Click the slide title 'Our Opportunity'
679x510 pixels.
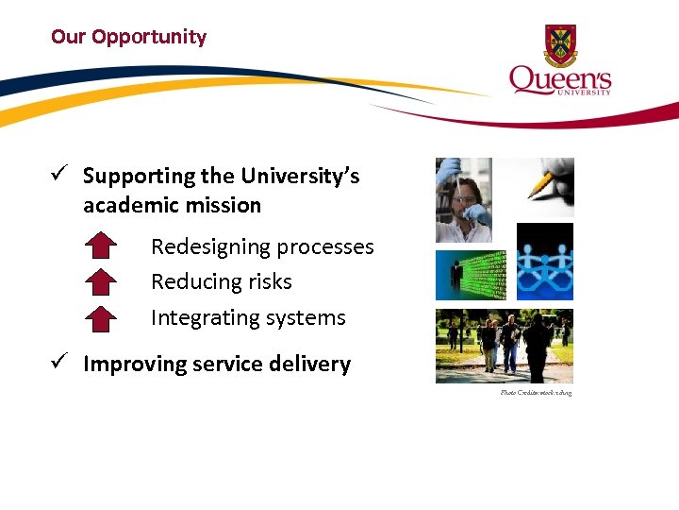pyautogui.click(x=128, y=37)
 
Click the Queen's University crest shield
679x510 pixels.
pyautogui.click(x=560, y=45)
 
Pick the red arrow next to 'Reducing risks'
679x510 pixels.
pyautogui.click(x=101, y=282)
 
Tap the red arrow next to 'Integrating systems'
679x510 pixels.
pyautogui.click(x=101, y=318)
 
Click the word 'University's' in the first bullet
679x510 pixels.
pyautogui.click(x=300, y=177)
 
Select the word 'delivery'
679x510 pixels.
pyautogui.click(x=311, y=365)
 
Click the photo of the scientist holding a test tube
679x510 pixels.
pyautogui.click(x=463, y=200)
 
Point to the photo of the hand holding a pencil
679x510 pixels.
pyautogui.click(x=545, y=187)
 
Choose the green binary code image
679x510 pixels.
pyautogui.click(x=471, y=275)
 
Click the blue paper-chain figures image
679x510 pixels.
pyautogui.click(x=545, y=262)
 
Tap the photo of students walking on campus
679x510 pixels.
pyautogui.click(x=504, y=346)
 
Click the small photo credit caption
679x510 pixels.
pyautogui.click(x=536, y=392)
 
